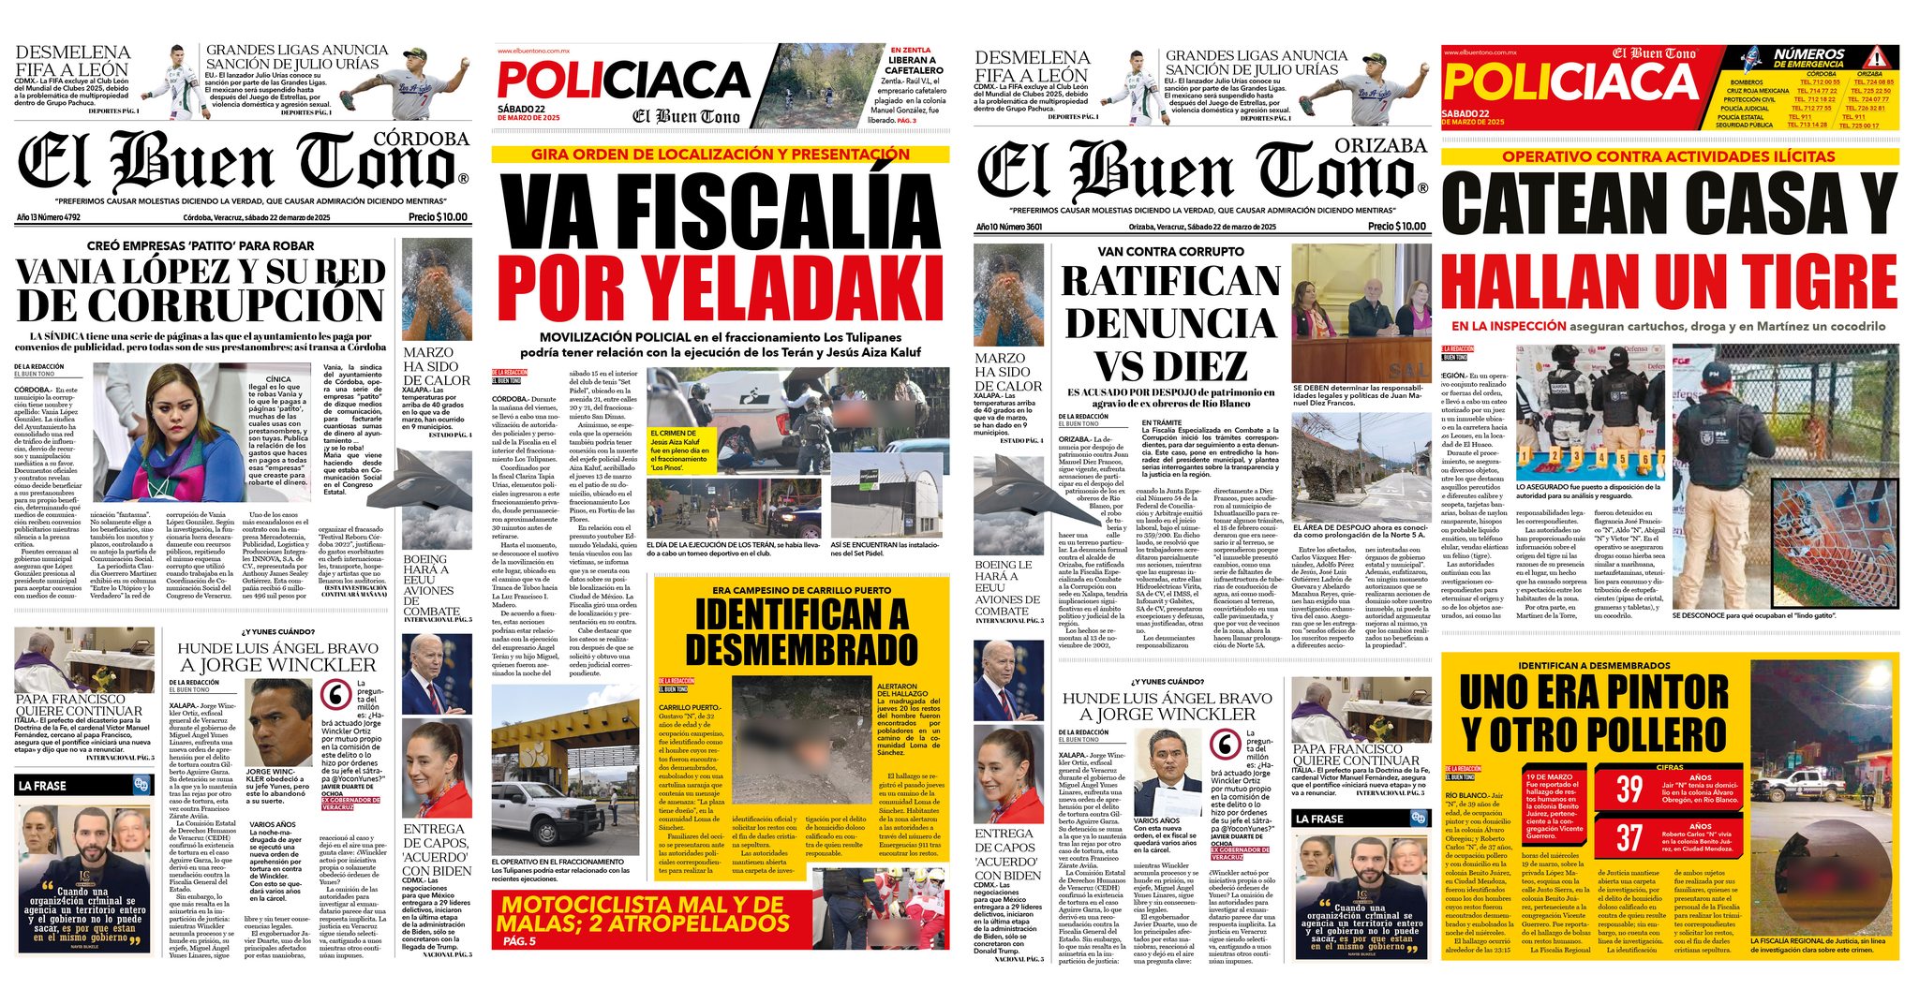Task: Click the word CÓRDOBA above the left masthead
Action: pos(421,139)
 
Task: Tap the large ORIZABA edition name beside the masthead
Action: pos(1380,145)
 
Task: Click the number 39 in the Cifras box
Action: pos(1629,789)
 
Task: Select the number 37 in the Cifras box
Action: pos(1629,837)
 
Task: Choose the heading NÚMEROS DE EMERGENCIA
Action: pos(1808,59)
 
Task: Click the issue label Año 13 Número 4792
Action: pos(48,217)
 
